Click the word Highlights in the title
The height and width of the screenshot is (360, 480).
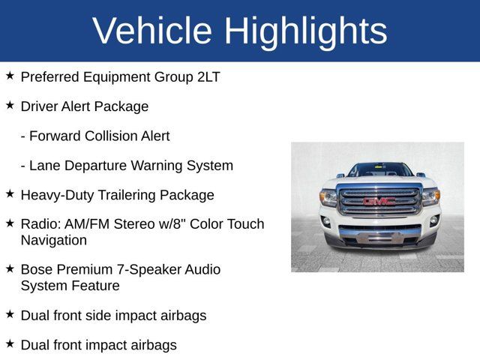305,31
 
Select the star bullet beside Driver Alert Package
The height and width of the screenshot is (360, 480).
10,106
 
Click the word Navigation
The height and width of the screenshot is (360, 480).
54,240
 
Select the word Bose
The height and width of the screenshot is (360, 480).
37,269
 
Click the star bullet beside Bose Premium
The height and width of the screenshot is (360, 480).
10,268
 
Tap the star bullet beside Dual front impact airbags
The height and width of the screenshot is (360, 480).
10,343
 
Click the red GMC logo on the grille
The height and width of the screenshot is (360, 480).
379,201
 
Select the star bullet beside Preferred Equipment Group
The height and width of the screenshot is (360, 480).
10,76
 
